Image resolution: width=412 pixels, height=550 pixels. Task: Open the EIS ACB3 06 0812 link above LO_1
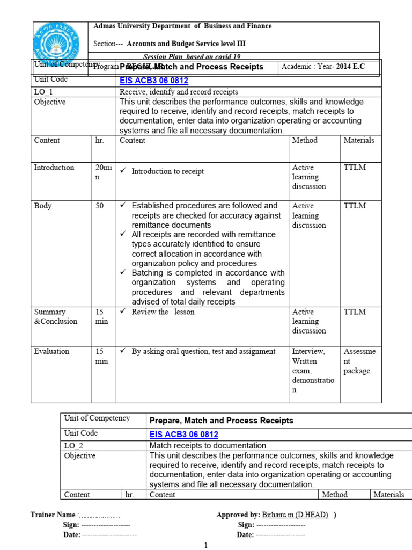click(x=153, y=81)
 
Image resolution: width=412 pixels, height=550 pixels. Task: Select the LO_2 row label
click(x=73, y=445)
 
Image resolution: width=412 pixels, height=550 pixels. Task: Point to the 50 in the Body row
click(x=100, y=206)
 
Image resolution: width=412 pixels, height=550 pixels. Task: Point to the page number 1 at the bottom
click(x=205, y=545)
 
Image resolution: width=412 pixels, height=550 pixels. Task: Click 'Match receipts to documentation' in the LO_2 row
click(x=208, y=445)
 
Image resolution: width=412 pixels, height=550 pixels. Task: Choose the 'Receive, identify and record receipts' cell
click(x=179, y=92)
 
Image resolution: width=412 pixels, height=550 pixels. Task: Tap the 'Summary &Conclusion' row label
click(x=56, y=317)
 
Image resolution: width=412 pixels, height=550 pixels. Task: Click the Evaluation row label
click(x=51, y=351)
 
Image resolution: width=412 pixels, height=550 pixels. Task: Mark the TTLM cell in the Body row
click(x=355, y=206)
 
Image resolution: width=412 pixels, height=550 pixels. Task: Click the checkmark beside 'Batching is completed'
click(x=123, y=273)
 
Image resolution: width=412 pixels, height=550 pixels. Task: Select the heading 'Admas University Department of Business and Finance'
click(x=182, y=26)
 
